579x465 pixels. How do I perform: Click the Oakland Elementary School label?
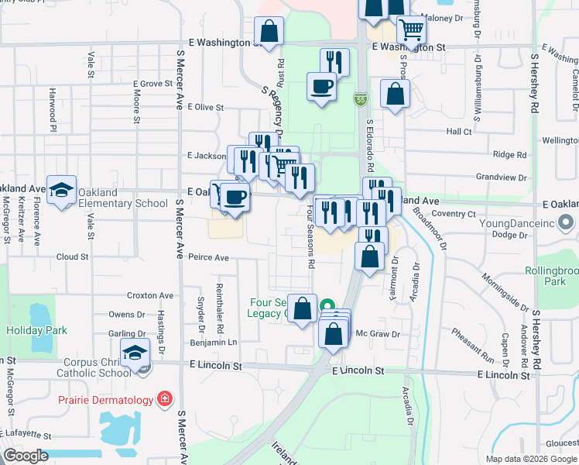coord(123,198)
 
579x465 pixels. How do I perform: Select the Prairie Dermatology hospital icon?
coord(164,400)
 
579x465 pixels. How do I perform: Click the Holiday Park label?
coord(37,330)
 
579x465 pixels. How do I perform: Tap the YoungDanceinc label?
coord(528,224)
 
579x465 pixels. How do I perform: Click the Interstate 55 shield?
coord(361,99)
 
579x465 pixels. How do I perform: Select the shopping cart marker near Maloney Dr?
coord(411,29)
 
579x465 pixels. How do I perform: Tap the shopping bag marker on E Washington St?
coord(269,32)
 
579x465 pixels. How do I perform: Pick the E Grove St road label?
coord(152,84)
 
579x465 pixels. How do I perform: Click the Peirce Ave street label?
coord(208,257)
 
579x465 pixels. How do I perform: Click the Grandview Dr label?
coord(503,177)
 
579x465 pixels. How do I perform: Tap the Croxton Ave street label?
coord(151,295)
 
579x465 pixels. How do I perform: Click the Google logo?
coord(26,456)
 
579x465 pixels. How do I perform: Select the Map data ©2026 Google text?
coord(530,459)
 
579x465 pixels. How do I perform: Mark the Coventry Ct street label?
coord(454,213)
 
